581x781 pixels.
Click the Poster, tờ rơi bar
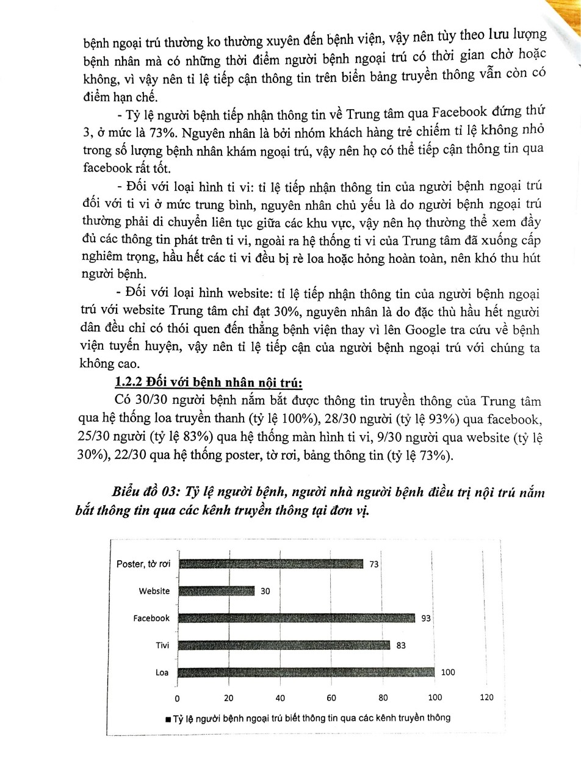271,564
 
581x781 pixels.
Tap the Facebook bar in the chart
297,618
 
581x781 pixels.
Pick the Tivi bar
284,645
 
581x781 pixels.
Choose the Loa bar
306,672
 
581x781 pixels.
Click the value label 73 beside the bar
374,564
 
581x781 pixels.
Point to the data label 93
426,618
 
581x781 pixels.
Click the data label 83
401,645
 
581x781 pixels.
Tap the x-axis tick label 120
486,697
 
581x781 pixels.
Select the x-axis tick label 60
332,697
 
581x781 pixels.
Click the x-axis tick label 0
178,697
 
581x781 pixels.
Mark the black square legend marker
168,719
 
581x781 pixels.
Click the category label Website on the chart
154,591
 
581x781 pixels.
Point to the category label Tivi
162,645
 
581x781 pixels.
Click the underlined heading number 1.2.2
129,383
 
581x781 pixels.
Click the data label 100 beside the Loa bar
447,672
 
